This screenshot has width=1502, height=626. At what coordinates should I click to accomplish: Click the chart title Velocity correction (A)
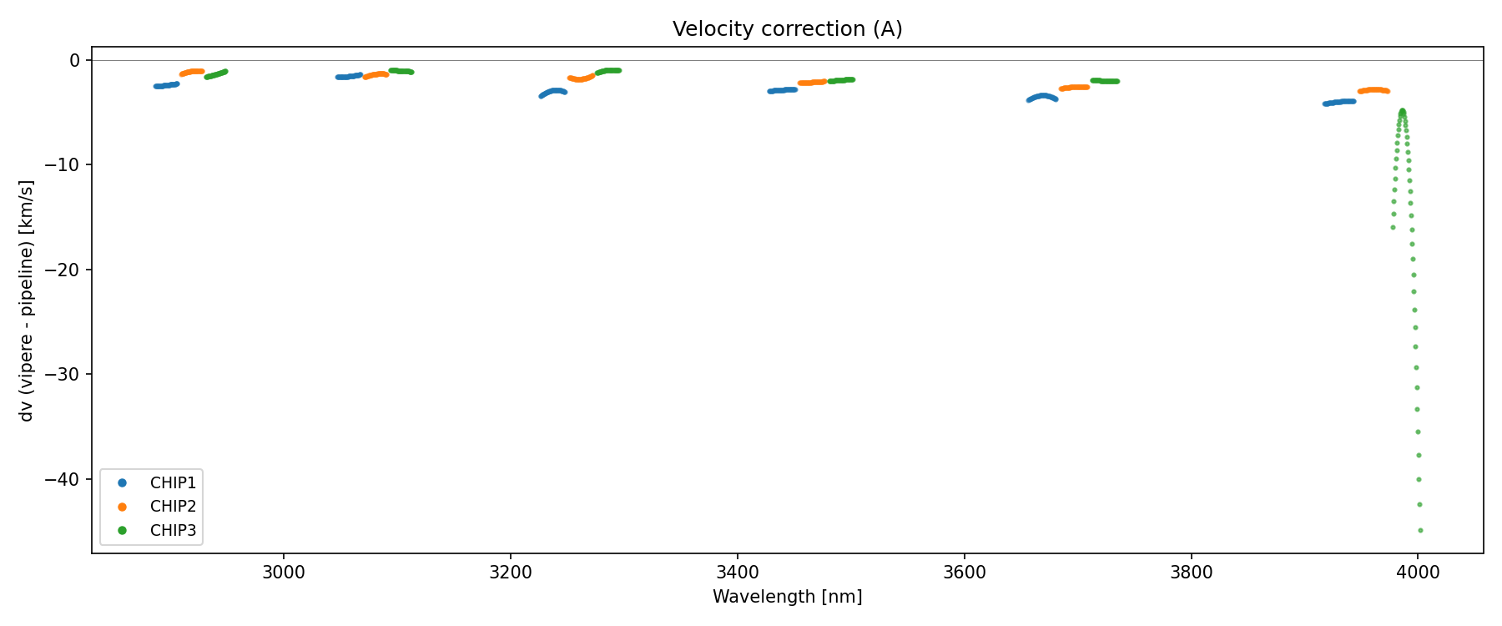point(787,29)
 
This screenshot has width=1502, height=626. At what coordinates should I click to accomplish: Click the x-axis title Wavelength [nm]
point(787,597)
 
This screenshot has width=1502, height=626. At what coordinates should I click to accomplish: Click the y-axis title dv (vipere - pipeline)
point(27,300)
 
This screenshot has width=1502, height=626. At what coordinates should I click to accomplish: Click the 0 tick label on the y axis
point(75,60)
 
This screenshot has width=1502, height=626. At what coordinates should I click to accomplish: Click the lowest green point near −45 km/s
point(1420,530)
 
